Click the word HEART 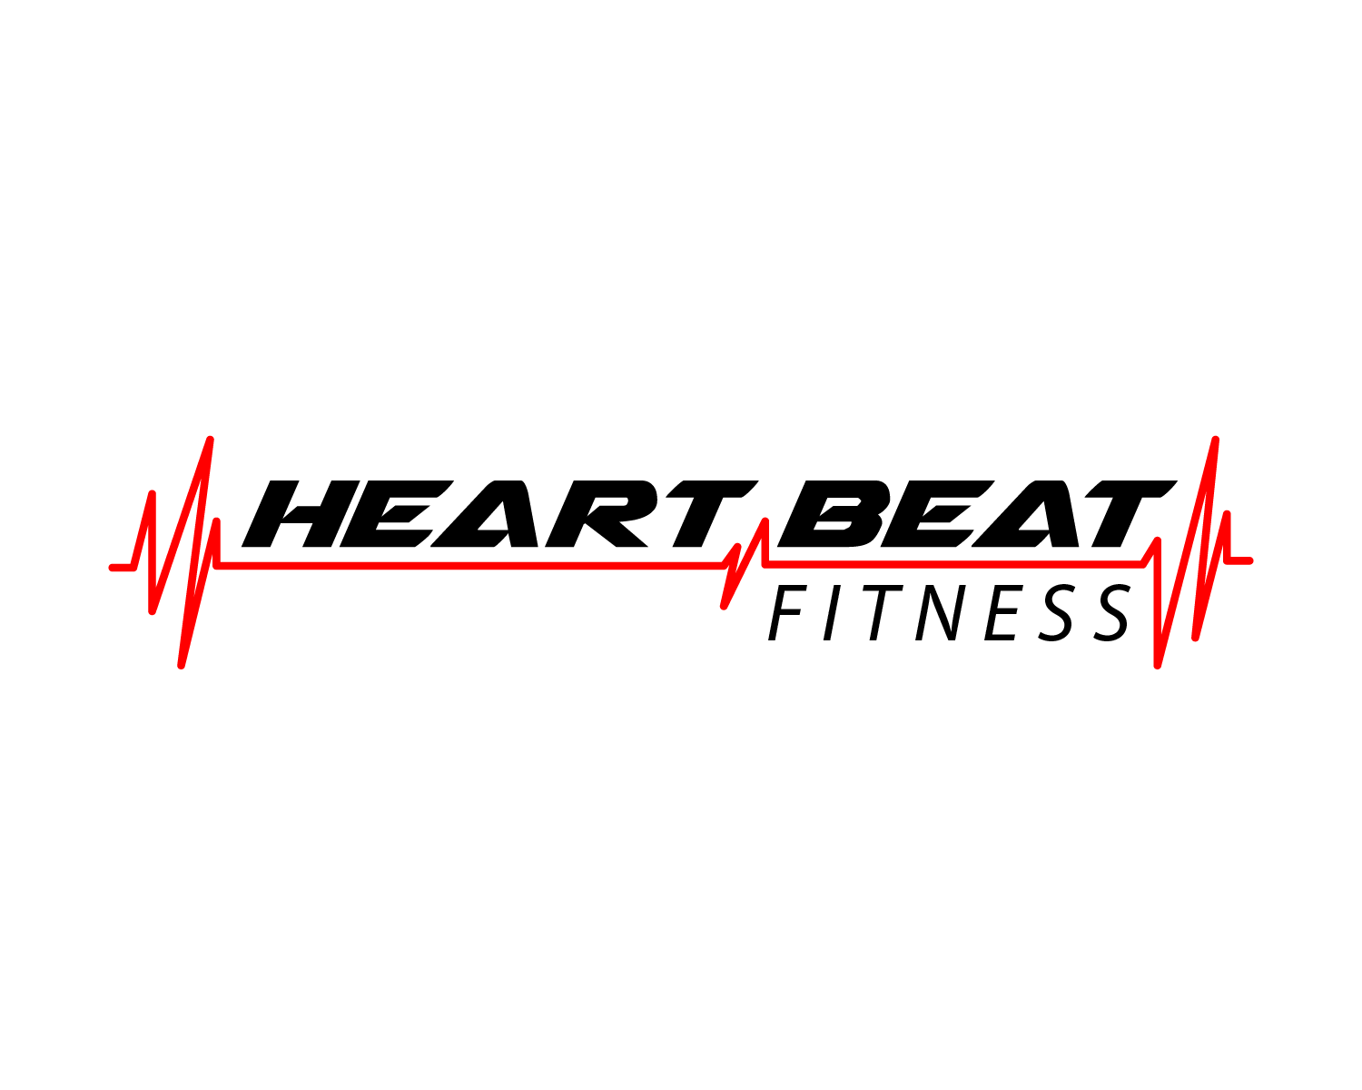click(x=500, y=513)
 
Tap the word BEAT click(x=977, y=513)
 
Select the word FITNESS click(x=948, y=612)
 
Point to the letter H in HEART click(x=301, y=513)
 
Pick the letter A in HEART click(x=485, y=513)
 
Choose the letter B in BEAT click(x=830, y=513)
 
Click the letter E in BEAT click(x=937, y=513)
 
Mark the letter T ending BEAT click(x=1130, y=513)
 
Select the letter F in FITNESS click(x=787, y=613)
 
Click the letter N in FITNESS click(x=939, y=613)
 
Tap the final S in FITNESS click(x=1104, y=612)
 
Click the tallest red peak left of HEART click(x=210, y=440)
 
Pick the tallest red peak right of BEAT click(x=1215, y=440)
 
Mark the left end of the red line click(x=112, y=568)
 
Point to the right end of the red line click(x=1250, y=560)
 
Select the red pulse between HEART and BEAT click(x=745, y=564)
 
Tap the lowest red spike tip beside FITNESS click(x=1158, y=666)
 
